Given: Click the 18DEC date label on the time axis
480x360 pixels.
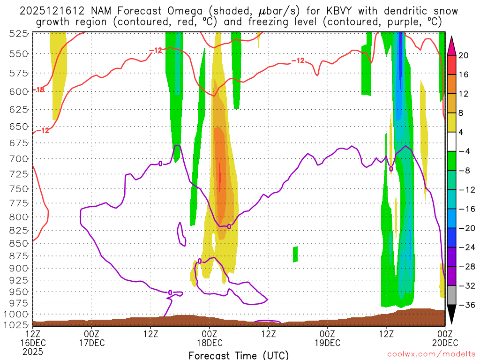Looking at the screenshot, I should [209, 342].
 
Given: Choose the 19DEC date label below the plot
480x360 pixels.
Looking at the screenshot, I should [327, 342].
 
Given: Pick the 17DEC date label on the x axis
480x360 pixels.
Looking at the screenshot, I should [91, 342].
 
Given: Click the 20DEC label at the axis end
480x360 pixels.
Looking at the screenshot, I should [444, 342].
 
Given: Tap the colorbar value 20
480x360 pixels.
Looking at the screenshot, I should [464, 55].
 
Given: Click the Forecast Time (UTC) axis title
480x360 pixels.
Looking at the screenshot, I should [239, 355].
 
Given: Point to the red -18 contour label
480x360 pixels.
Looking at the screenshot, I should [38, 90].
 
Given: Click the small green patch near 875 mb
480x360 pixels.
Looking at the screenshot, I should [295, 254].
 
